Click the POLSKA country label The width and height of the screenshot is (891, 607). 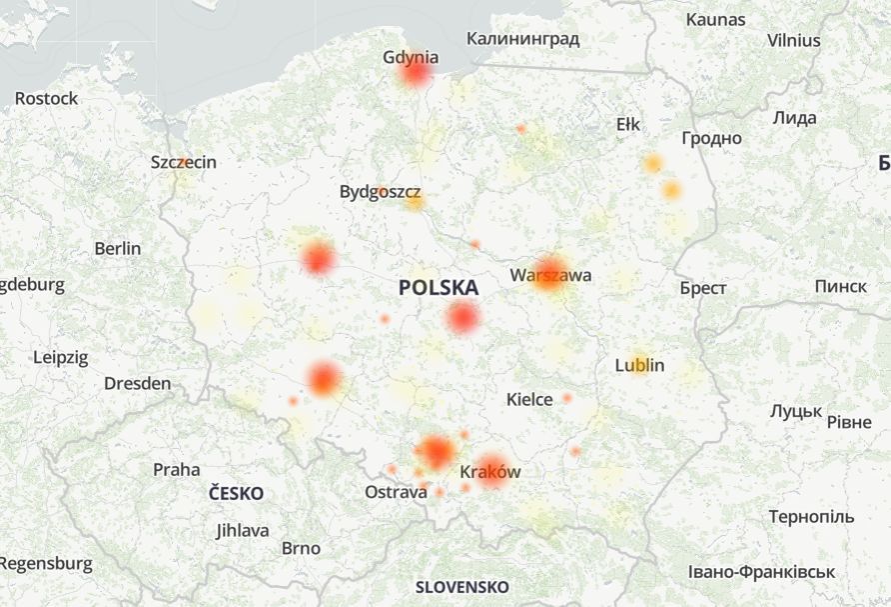coord(438,288)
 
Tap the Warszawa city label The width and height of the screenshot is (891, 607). coord(550,275)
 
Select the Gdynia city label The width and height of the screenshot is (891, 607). coord(411,57)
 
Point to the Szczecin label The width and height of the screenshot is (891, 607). coord(184,162)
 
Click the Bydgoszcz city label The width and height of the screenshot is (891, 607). coord(380,191)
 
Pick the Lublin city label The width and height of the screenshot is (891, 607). coord(639,365)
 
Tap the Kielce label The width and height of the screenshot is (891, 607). coord(529,400)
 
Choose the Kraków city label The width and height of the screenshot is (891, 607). coord(490,472)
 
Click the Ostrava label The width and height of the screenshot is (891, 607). coord(396,493)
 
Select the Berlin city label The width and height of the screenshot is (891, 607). coord(118,248)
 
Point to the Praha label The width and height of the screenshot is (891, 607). coord(176,469)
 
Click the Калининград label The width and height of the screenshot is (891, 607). coord(522,39)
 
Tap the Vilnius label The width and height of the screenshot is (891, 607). coord(794,41)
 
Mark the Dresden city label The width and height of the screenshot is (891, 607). coord(137,383)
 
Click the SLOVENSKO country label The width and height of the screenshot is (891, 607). coord(461,587)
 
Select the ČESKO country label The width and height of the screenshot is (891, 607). coord(237,493)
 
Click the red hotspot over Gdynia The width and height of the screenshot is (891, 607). coord(416,72)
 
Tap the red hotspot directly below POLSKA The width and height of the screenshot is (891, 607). coord(462,318)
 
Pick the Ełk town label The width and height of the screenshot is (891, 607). coord(628,124)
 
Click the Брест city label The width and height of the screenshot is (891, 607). coord(703,288)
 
